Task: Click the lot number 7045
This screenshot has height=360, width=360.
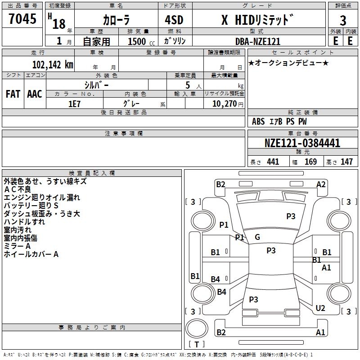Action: tap(22, 19)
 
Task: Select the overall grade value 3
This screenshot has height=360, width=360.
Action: tap(343, 21)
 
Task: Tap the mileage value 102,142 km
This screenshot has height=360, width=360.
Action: tap(53, 65)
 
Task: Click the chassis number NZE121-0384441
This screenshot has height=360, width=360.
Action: tap(302, 143)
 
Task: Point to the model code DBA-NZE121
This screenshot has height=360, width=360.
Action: tap(258, 41)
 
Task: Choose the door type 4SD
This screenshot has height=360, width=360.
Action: tap(174, 20)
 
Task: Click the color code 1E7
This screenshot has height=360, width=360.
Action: tap(74, 104)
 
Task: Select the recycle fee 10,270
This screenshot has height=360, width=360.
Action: tap(225, 104)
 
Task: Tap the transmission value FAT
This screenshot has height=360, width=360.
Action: tap(13, 94)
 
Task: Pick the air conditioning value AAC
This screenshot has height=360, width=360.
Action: tap(35, 94)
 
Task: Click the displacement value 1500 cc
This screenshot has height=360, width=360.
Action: tap(141, 41)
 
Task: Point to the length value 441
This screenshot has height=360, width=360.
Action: tap(273, 162)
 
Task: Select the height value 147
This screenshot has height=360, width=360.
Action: tap(346, 162)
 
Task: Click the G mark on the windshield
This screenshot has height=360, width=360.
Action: tap(257, 237)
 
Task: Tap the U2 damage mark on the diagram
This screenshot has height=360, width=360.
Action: tap(320, 308)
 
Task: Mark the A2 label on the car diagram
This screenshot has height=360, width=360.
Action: tap(321, 184)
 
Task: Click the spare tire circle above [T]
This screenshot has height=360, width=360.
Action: tap(197, 328)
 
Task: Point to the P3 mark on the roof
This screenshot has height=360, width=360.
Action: tap(271, 251)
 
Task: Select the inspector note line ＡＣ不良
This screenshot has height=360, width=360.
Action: tap(18, 189)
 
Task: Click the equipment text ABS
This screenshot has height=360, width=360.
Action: tap(258, 121)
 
